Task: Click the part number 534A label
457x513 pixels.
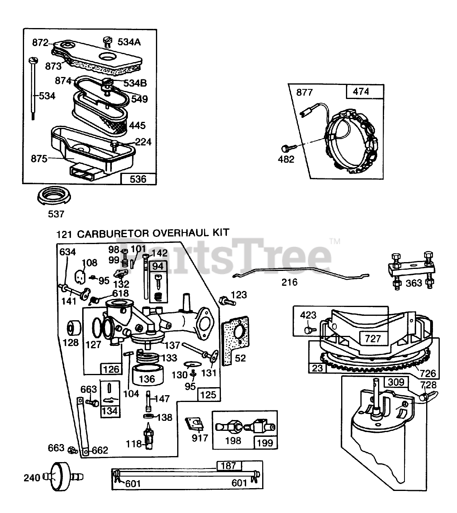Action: tap(129, 42)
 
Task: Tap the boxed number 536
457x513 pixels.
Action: tap(138, 179)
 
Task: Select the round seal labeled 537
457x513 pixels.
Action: tap(54, 195)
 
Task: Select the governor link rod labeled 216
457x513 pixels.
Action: tap(301, 273)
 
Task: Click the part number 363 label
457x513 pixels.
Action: tap(414, 283)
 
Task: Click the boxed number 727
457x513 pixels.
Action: tap(373, 339)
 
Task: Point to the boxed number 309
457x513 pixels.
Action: tap(396, 389)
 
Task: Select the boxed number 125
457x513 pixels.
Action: tap(208, 394)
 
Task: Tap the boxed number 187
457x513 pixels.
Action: tap(228, 465)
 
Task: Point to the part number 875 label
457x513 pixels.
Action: tap(39, 159)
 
